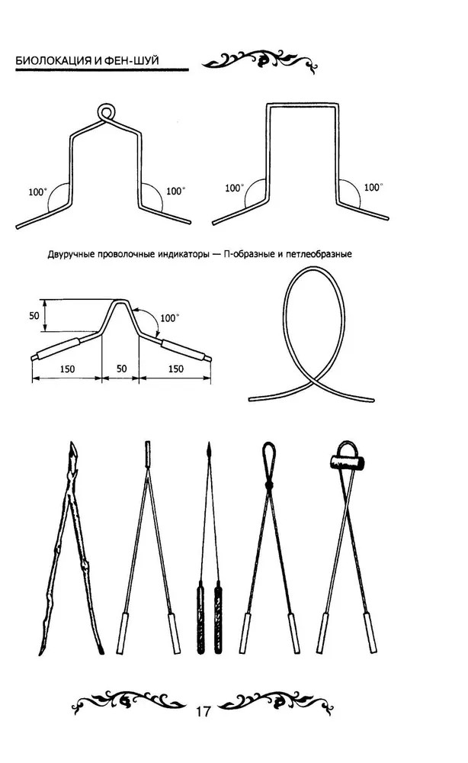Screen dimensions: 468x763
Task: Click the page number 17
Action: [203, 711]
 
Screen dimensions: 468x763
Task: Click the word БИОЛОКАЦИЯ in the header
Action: [53, 61]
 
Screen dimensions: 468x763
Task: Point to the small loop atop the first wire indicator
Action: [107, 112]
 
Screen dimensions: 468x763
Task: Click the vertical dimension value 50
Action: [34, 316]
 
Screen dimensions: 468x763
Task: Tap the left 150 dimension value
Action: [67, 369]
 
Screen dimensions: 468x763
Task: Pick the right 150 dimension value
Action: [175, 369]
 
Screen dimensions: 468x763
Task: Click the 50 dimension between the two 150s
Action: [121, 369]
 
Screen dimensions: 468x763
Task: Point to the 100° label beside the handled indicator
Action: [170, 318]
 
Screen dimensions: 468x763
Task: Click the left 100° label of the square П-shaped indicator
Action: [235, 188]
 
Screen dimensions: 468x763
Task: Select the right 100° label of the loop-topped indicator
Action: [176, 192]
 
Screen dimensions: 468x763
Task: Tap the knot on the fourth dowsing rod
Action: [269, 485]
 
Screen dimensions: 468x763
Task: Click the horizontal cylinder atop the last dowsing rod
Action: [348, 462]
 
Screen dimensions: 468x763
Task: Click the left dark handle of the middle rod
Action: [200, 617]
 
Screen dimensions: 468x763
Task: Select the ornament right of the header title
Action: [260, 61]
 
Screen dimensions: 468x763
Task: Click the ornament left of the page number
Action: [129, 702]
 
